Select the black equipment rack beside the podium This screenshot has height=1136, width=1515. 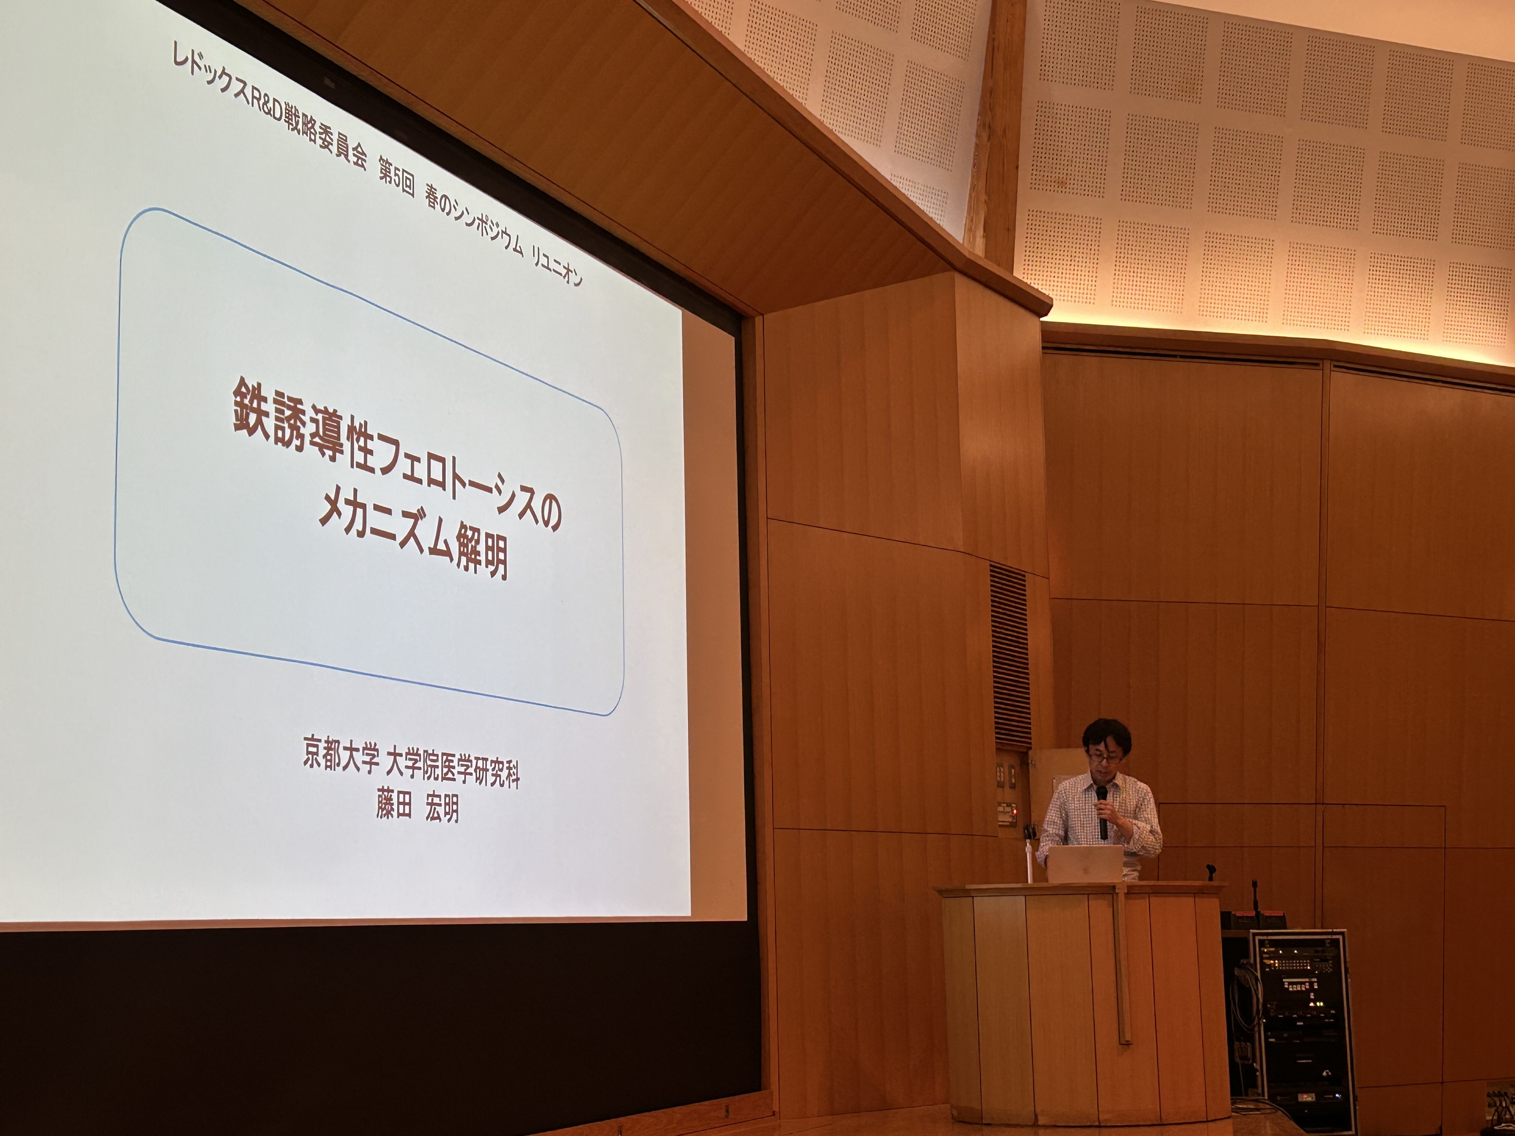pyautogui.click(x=1301, y=1030)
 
